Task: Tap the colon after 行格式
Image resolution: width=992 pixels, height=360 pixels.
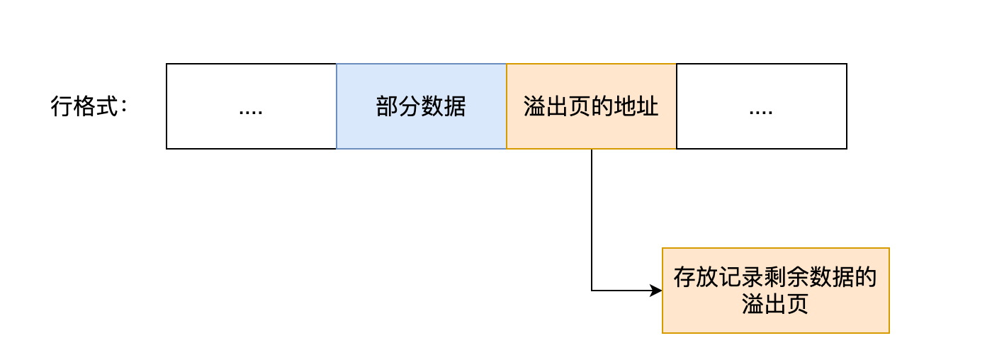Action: coord(124,107)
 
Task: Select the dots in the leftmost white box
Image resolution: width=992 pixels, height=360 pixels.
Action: coord(251,111)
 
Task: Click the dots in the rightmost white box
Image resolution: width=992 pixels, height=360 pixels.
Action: coord(761,111)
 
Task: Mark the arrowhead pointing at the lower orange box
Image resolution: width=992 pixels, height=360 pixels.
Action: coord(655,291)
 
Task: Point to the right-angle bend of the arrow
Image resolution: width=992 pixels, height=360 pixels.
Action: coord(592,291)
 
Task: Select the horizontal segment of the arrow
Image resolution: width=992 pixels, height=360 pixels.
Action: coord(620,291)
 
